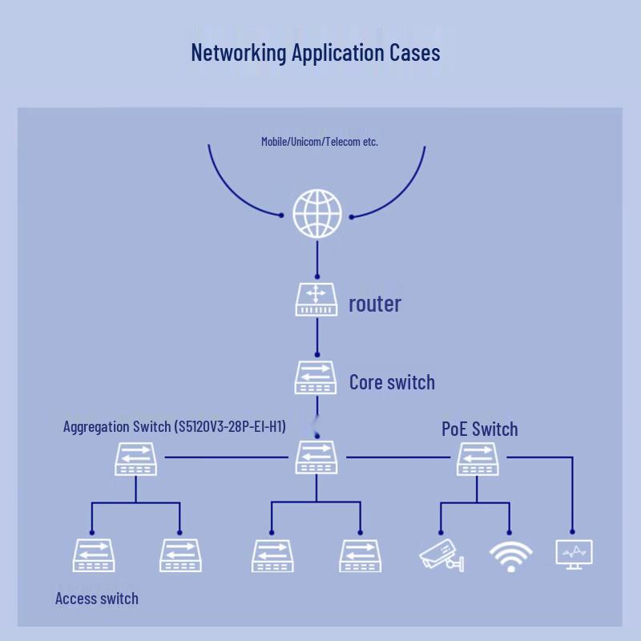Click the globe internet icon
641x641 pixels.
317,213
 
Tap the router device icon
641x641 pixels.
316,300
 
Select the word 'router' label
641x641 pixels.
374,304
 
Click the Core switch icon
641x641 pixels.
316,377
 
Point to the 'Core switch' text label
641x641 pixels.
392,382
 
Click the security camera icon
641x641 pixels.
441,555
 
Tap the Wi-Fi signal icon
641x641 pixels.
510,556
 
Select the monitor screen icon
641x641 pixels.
574,554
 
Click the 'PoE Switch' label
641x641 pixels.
479,429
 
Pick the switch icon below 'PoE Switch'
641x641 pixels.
478,458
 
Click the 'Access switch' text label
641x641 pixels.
97,599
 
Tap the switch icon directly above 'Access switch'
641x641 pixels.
94,555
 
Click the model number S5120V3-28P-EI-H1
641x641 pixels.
230,426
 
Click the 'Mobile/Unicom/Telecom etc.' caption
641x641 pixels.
320,142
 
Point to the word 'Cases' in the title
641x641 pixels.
414,53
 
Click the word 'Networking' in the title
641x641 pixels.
239,54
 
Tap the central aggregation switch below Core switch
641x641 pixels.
316,458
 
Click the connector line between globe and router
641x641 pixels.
317,259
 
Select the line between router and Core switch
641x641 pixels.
317,337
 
